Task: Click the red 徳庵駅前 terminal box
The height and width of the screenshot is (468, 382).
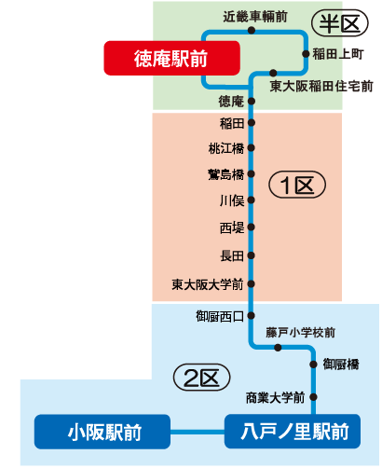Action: (x=171, y=58)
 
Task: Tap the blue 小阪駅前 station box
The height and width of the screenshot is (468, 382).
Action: (x=102, y=432)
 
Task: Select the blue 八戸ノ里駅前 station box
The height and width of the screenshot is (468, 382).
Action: (x=293, y=432)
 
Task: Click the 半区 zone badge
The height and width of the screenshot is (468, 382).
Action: (x=340, y=23)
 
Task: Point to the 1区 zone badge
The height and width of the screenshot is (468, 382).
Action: (x=297, y=185)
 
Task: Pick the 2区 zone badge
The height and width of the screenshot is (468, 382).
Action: (x=201, y=378)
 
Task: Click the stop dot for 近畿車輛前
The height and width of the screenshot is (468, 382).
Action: (x=252, y=30)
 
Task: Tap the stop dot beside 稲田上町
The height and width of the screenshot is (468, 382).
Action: (x=306, y=54)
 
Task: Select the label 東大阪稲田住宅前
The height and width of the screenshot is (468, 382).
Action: (x=321, y=86)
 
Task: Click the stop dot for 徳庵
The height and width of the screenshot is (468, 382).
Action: (x=252, y=101)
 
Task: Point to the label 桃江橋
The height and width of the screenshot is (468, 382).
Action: (x=226, y=148)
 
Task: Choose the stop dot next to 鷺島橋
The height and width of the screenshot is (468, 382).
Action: (x=252, y=173)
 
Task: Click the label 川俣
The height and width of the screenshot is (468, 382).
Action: (x=232, y=200)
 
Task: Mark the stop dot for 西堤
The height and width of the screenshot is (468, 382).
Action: (x=252, y=227)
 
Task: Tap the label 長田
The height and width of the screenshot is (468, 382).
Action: (x=232, y=256)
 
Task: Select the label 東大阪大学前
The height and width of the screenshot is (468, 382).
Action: (x=208, y=284)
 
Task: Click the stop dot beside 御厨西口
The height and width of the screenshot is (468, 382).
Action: (x=252, y=316)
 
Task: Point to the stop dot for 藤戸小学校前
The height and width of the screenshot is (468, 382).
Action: (x=278, y=348)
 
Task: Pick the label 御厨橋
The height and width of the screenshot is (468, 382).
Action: (x=341, y=365)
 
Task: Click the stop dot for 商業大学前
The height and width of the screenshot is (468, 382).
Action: (x=313, y=397)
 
